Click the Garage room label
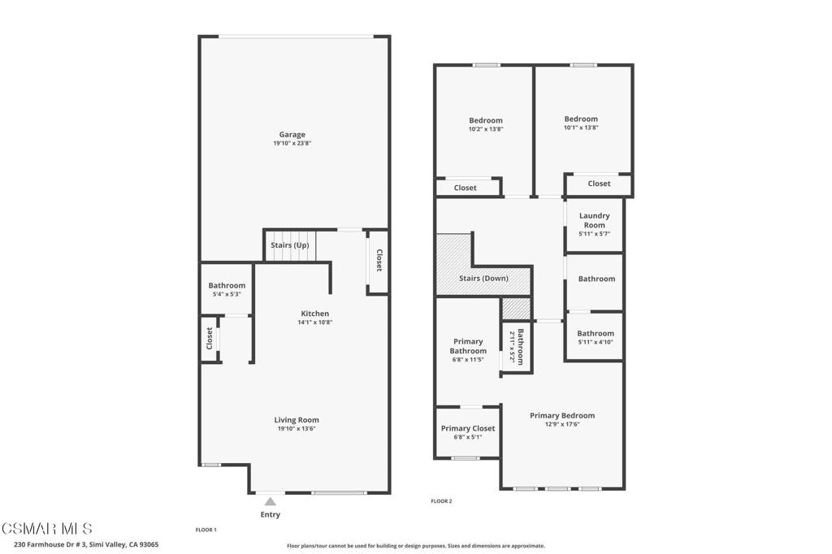292,135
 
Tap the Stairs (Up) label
289,245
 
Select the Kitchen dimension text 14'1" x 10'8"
315,322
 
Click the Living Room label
296,420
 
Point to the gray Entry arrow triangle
270,502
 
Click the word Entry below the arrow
270,515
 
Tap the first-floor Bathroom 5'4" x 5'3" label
227,286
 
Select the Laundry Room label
594,220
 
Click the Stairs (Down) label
483,279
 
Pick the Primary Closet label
467,428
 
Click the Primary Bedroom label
562,416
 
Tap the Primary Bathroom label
468,346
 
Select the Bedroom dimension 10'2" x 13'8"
485,129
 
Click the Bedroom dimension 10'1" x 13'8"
581,128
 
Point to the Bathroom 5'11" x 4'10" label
596,334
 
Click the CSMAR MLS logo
47,529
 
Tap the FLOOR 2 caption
441,501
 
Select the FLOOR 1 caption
206,530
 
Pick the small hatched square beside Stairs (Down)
515,309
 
